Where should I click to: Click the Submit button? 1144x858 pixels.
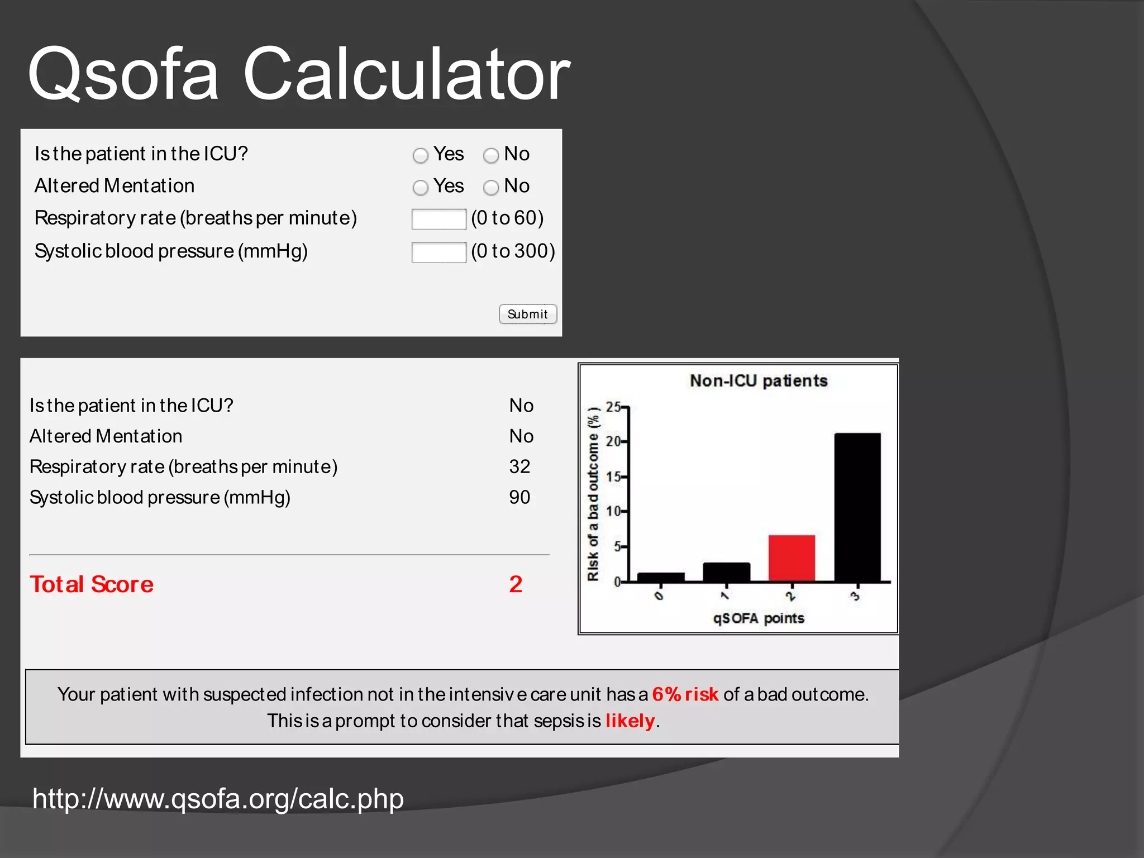click(527, 314)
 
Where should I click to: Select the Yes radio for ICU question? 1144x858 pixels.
click(421, 155)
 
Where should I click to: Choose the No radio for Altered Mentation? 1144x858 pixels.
click(491, 188)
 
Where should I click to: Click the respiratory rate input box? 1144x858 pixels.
click(438, 219)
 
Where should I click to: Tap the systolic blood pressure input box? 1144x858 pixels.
click(438, 252)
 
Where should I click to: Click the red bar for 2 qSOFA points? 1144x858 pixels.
click(792, 558)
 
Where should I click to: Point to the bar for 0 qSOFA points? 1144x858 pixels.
click(661, 577)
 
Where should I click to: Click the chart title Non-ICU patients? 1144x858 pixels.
click(759, 381)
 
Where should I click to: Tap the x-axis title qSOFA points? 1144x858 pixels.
click(759, 618)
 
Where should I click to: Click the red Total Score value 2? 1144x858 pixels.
click(516, 584)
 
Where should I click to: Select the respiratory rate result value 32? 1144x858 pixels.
click(519, 466)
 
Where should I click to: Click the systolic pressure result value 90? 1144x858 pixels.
click(519, 497)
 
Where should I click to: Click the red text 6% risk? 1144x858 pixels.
click(685, 694)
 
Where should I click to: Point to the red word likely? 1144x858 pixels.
click(630, 721)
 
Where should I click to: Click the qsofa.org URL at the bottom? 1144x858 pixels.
click(218, 798)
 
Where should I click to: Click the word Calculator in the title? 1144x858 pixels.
click(406, 74)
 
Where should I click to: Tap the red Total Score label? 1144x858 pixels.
click(92, 584)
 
